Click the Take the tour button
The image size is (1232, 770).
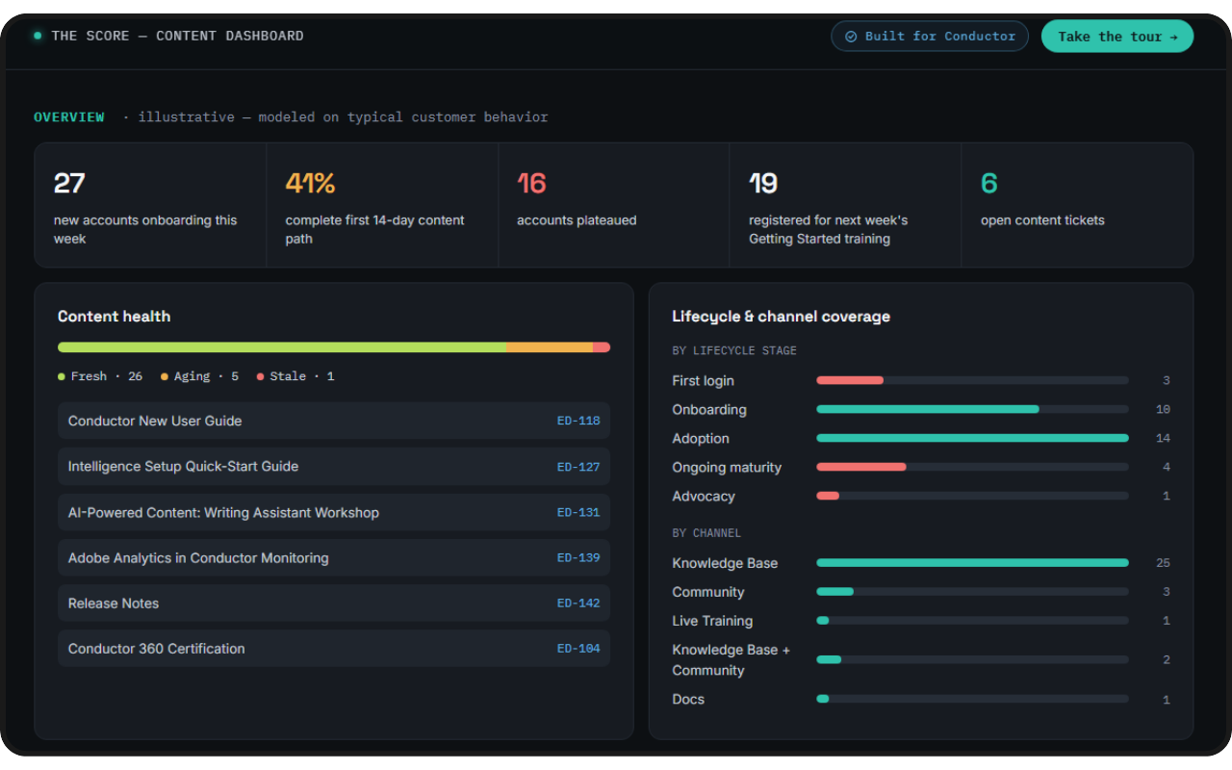click(x=1117, y=37)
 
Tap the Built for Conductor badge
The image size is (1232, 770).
click(x=930, y=37)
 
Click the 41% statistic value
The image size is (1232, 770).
click(x=310, y=183)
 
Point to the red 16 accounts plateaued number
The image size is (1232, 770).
click(x=531, y=183)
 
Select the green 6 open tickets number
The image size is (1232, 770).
click(x=988, y=183)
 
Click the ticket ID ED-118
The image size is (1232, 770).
click(x=578, y=421)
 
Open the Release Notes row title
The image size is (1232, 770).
click(x=114, y=603)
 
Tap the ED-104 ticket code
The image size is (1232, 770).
click(x=578, y=649)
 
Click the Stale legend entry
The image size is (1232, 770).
click(x=295, y=376)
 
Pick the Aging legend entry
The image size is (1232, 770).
click(x=199, y=376)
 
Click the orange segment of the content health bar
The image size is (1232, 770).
click(x=550, y=347)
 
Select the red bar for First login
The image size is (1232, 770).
click(x=850, y=380)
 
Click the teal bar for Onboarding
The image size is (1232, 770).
click(x=928, y=409)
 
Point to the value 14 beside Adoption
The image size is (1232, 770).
click(x=1163, y=438)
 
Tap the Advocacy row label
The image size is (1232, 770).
click(x=704, y=496)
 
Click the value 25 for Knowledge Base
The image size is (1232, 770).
click(x=1163, y=563)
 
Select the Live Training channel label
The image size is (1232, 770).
click(x=712, y=621)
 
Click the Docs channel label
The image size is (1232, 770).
click(x=688, y=699)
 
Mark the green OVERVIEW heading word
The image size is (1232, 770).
click(x=68, y=117)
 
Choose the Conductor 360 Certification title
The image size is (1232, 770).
click(x=156, y=649)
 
